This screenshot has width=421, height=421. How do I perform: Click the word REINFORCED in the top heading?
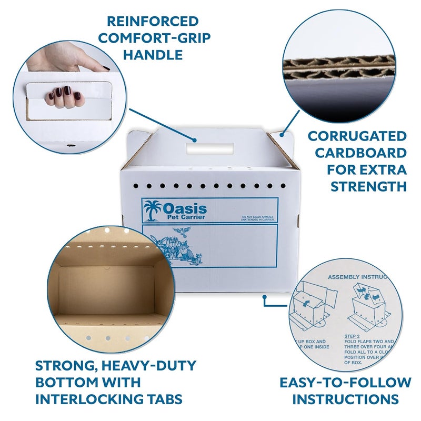tap(153, 22)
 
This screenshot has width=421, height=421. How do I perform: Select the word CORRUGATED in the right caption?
tap(357, 136)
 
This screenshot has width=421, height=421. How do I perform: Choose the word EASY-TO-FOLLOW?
tap(346, 383)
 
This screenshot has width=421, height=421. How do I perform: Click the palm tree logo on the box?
tap(152, 210)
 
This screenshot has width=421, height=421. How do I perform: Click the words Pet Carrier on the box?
tap(184, 217)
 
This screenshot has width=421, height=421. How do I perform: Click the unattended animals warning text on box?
tap(258, 218)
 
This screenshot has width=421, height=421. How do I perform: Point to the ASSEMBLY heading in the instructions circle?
tap(344, 276)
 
